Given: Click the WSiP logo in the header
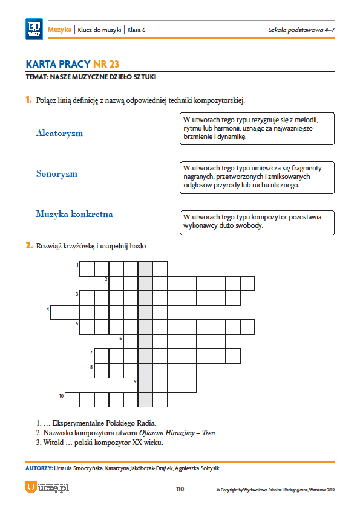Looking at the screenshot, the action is click(34, 29).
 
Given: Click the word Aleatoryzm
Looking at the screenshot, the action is click(59, 133).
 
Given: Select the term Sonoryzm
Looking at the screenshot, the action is click(57, 173).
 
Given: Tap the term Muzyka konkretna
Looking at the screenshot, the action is click(74, 214).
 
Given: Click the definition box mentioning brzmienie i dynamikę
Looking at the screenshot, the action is click(257, 129).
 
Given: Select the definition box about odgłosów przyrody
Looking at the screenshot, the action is click(257, 178).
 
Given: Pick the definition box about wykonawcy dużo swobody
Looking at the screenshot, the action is click(257, 222).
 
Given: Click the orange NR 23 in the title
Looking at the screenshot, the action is click(106, 64).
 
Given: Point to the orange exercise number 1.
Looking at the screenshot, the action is click(28, 100).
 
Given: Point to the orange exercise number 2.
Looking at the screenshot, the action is click(29, 245).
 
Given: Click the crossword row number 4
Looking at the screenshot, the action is click(48, 309).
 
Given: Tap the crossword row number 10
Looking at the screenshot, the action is click(61, 396).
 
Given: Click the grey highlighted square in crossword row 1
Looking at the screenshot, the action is click(145, 269).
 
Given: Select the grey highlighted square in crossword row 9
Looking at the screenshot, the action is click(145, 385).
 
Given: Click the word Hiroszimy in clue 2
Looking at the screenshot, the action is click(180, 433).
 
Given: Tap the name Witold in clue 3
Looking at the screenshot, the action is click(53, 443).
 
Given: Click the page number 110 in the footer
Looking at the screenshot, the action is click(180, 489).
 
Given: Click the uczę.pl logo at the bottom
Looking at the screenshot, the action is click(47, 487).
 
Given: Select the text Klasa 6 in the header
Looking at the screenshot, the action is click(136, 30).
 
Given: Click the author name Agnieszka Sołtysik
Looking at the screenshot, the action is click(197, 468).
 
